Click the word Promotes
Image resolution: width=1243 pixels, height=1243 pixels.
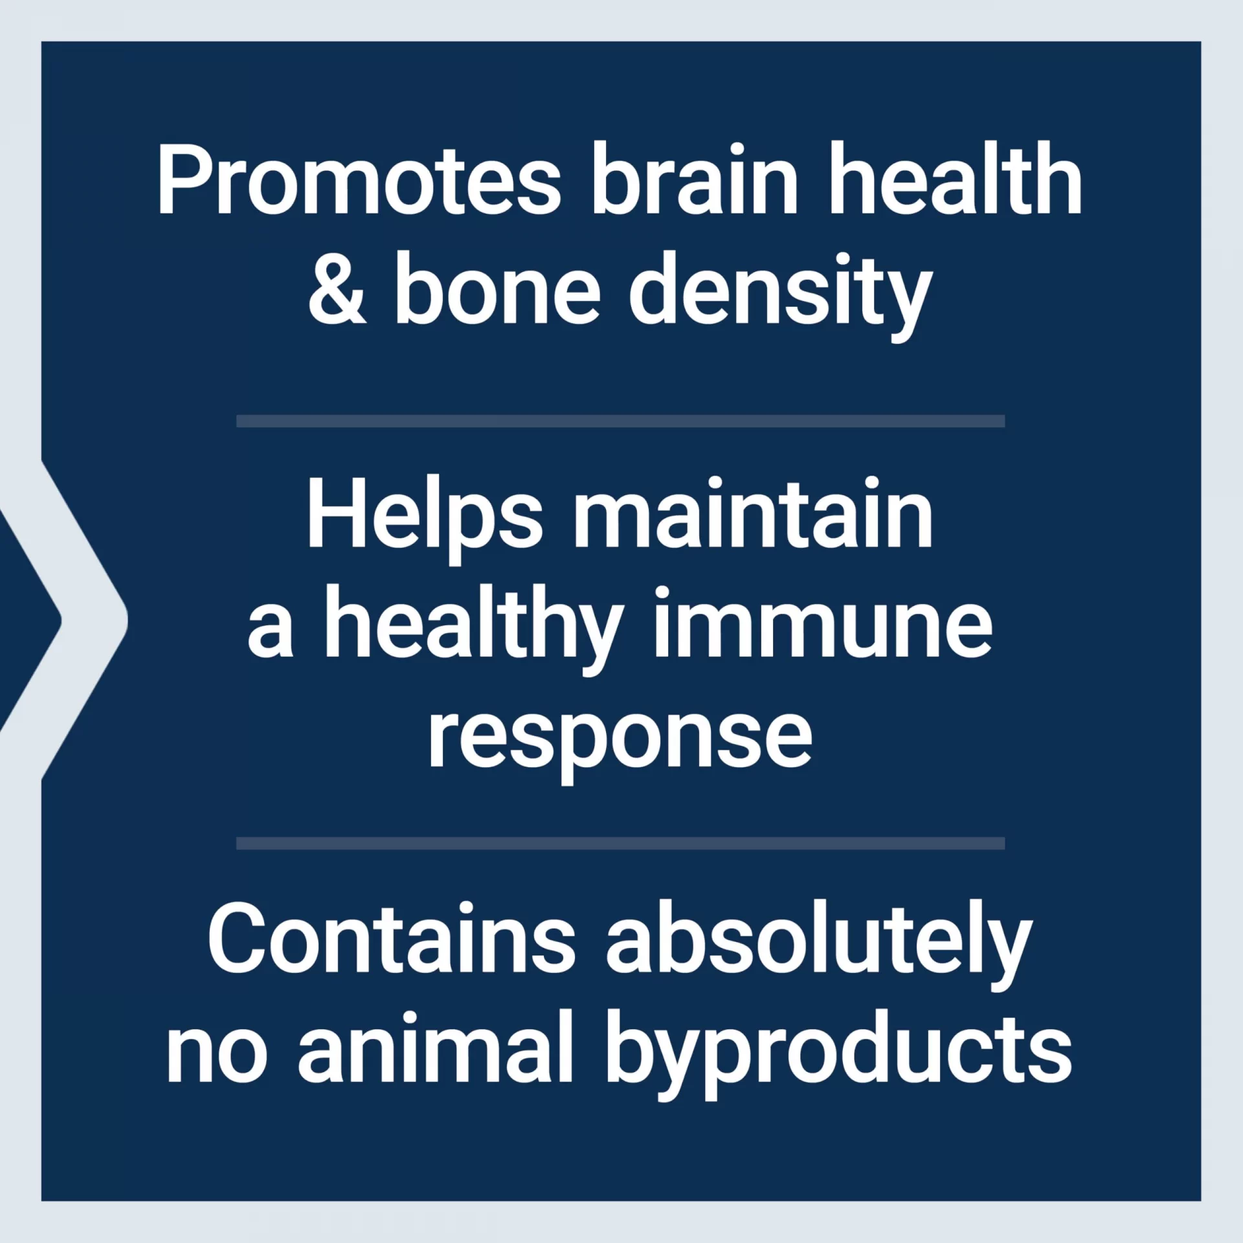coord(359,178)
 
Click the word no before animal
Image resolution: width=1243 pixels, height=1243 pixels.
coord(216,1057)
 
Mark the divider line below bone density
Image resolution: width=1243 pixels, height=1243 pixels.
coord(620,421)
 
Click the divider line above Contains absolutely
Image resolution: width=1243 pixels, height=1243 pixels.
coord(620,843)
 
